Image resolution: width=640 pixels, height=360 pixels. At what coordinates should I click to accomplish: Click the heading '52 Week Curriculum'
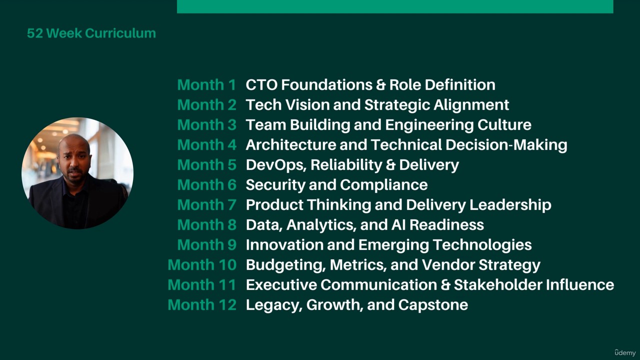point(91,33)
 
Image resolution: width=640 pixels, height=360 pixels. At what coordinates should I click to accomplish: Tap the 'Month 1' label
point(206,85)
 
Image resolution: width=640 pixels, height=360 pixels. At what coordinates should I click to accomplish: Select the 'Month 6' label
point(207,185)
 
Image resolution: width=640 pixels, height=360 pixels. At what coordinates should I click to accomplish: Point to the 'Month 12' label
point(202,305)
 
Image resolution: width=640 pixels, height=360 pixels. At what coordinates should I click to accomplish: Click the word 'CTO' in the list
point(261,85)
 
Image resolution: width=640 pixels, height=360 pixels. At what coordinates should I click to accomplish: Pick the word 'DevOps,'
point(276,165)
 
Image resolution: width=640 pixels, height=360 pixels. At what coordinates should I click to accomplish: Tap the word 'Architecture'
point(290,145)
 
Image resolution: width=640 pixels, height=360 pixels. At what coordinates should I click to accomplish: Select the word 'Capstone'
point(433,305)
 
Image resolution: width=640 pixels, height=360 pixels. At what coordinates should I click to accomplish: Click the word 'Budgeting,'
point(285,265)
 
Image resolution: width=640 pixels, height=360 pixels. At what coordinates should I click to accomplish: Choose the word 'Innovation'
point(284,245)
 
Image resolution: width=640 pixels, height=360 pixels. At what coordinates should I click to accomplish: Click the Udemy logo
point(625,352)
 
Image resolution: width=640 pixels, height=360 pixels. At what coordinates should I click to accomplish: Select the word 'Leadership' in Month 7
point(510,205)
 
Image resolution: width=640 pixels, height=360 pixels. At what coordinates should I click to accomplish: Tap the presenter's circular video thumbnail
point(77,173)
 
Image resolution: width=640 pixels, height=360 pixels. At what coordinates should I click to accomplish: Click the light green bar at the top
point(395,6)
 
